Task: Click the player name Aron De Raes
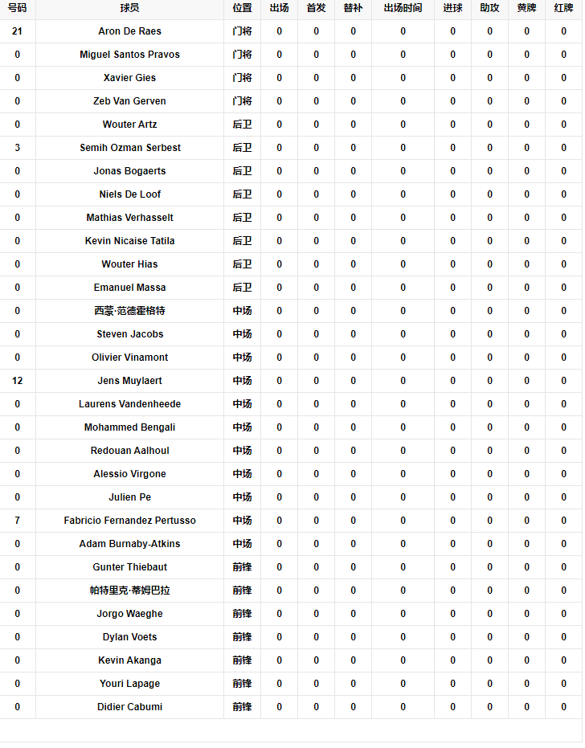[x=129, y=31]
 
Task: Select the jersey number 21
[x=17, y=31]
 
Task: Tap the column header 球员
[x=129, y=8]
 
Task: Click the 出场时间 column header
[x=403, y=8]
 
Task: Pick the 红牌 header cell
[x=563, y=8]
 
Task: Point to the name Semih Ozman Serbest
[x=129, y=148]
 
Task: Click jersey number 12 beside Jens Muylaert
[x=17, y=381]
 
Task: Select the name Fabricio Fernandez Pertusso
[x=129, y=521]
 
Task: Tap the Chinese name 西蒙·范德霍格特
[x=129, y=311]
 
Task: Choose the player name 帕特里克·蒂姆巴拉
[x=129, y=591]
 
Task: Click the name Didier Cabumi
[x=129, y=707]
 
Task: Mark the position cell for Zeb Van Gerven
[x=242, y=101]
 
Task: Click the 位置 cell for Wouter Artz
[x=242, y=125]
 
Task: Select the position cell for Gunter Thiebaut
[x=242, y=567]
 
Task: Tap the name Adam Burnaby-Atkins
[x=129, y=544]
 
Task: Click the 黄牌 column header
[x=526, y=8]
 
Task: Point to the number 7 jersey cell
[x=17, y=521]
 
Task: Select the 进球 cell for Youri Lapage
[x=452, y=684]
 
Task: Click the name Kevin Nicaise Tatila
[x=129, y=241]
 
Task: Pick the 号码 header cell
[x=17, y=8]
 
